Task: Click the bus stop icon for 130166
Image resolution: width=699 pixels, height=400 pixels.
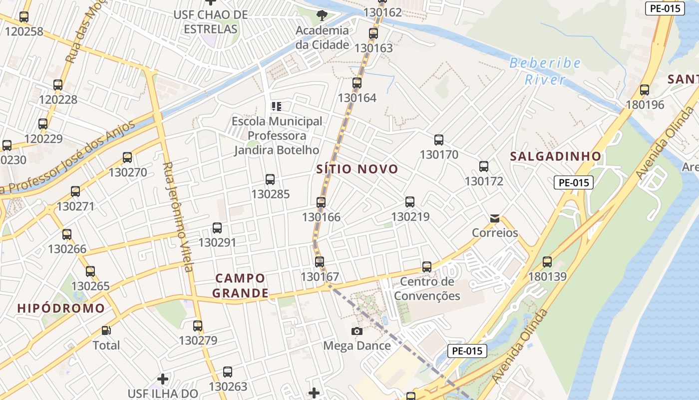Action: coord(321,202)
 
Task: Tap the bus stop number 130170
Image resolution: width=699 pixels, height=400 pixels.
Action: coord(439,154)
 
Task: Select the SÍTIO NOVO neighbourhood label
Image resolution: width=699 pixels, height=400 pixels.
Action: coord(357,169)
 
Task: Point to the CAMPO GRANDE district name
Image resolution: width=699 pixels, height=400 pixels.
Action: coord(241,285)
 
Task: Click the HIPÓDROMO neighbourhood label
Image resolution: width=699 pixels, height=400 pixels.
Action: coord(61,308)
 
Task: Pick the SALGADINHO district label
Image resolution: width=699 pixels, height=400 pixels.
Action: coord(555,156)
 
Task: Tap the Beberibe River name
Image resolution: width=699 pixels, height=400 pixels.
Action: coord(545,71)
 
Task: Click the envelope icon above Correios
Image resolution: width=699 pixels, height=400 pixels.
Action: coord(495,218)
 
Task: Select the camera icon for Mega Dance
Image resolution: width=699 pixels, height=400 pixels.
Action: coord(356,331)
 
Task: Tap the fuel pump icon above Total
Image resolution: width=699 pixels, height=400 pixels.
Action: coord(106,330)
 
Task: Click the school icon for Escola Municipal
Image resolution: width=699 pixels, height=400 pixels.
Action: coord(277,106)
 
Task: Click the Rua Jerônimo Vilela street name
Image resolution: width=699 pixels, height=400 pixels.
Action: coord(178,216)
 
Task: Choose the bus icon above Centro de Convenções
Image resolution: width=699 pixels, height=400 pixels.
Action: coord(427,267)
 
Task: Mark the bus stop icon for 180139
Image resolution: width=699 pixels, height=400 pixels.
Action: coord(547,261)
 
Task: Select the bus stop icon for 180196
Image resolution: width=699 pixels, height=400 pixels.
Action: coord(645,90)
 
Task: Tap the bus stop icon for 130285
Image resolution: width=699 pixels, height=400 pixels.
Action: coord(270,179)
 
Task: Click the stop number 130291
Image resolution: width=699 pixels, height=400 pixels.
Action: coord(217,242)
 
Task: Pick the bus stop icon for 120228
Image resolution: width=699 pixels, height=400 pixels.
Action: coord(58,85)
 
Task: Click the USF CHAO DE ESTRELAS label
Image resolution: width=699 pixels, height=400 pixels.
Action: coord(211,22)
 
